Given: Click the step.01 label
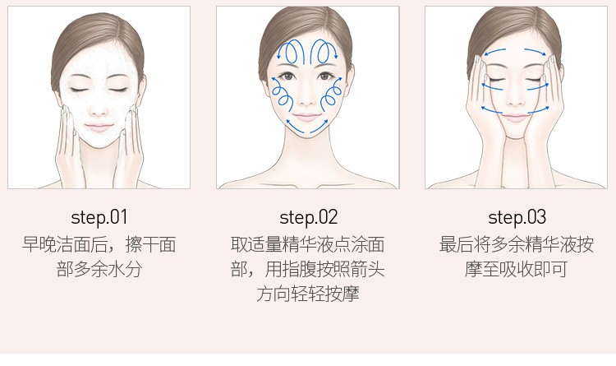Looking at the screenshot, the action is point(99,217).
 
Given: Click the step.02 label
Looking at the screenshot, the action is point(308,217).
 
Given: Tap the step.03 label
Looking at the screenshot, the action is point(517,217).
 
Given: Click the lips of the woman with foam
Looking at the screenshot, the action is point(99,127).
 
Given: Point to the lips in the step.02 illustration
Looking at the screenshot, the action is point(307,118).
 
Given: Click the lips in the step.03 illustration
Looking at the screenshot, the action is point(515,118).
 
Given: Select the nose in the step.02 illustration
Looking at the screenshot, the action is point(307,100).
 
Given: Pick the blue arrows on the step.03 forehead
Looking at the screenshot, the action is point(515,52).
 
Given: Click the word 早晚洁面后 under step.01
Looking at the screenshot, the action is point(66,244).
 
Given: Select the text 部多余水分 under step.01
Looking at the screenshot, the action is point(99,269).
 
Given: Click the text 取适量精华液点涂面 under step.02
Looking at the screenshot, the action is point(308,244).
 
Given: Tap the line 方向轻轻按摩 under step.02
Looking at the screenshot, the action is point(308,294).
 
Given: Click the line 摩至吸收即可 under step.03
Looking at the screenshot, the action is point(517,269).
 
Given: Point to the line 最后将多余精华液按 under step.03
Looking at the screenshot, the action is point(517,244).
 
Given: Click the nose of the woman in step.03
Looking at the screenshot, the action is point(515,99).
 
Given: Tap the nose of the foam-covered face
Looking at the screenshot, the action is point(99,109).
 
